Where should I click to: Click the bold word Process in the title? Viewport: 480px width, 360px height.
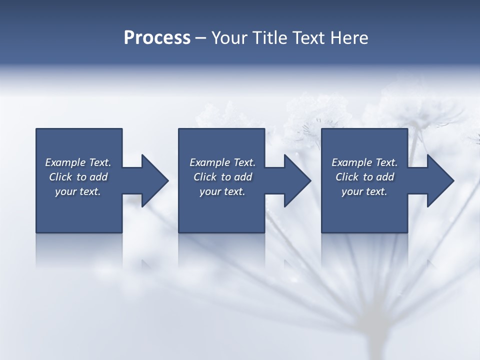click(x=157, y=38)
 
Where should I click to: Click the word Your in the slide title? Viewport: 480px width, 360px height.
click(x=229, y=38)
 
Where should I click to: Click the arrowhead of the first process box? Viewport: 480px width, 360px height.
click(x=155, y=180)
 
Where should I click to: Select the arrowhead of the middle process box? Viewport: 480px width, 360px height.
click(x=297, y=180)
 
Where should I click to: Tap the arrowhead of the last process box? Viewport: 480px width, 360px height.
click(x=440, y=180)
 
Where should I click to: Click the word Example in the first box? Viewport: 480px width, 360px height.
click(x=65, y=162)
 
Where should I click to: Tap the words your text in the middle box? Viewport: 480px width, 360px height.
click(x=222, y=191)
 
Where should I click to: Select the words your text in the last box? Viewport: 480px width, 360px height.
click(x=364, y=191)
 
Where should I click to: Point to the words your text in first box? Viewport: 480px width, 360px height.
click(x=78, y=191)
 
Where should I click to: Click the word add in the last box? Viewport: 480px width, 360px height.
click(x=385, y=177)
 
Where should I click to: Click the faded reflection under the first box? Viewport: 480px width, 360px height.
click(x=79, y=250)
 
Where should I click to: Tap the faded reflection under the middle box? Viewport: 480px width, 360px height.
click(x=221, y=250)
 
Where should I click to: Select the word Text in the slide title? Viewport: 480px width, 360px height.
click(x=308, y=38)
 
